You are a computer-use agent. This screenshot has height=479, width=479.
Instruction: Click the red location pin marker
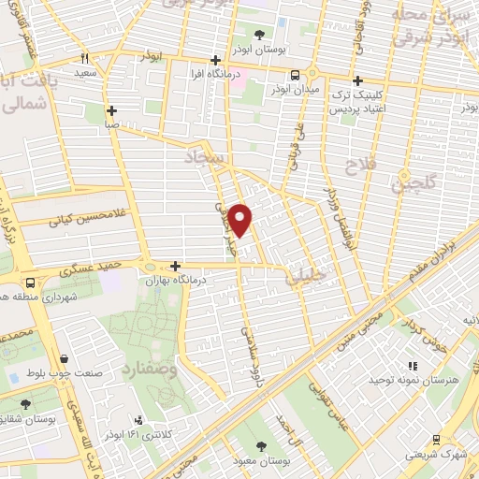(x=240, y=221)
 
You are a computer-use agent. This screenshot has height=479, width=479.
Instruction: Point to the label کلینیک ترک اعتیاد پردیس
(x=360, y=103)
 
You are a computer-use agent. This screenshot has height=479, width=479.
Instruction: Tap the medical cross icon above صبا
(x=111, y=109)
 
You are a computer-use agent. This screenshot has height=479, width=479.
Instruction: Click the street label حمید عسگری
(x=86, y=269)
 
